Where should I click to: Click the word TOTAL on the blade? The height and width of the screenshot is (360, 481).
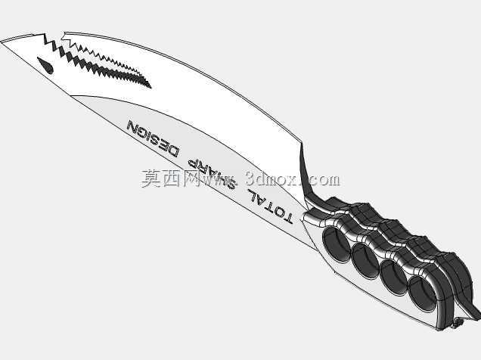click(x=270, y=206)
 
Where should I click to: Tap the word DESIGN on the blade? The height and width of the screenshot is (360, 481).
click(x=153, y=138)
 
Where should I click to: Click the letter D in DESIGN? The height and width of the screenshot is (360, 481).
click(x=171, y=151)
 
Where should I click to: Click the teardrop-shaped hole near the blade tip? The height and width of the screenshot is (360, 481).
click(x=45, y=65)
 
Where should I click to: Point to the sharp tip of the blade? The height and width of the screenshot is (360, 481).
click(x=1, y=42)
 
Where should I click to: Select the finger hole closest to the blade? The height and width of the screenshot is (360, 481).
click(x=337, y=245)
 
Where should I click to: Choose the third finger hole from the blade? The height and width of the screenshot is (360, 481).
click(x=393, y=278)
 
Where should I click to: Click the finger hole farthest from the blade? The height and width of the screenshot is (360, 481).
click(x=422, y=293)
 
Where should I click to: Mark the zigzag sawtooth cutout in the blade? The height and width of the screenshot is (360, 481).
click(x=98, y=61)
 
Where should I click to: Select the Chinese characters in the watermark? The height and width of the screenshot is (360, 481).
click(x=171, y=178)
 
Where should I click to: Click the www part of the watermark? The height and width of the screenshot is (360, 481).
click(x=219, y=180)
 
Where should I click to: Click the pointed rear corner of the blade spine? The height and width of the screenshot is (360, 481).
click(x=303, y=143)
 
